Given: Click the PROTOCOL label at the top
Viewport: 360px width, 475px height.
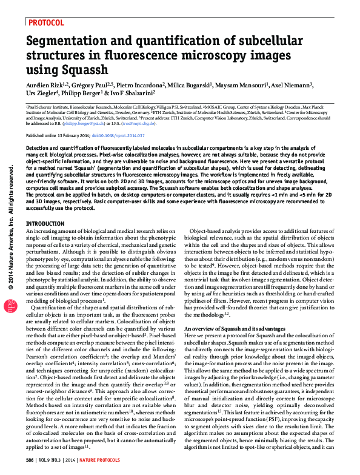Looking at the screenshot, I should click(48, 22).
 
